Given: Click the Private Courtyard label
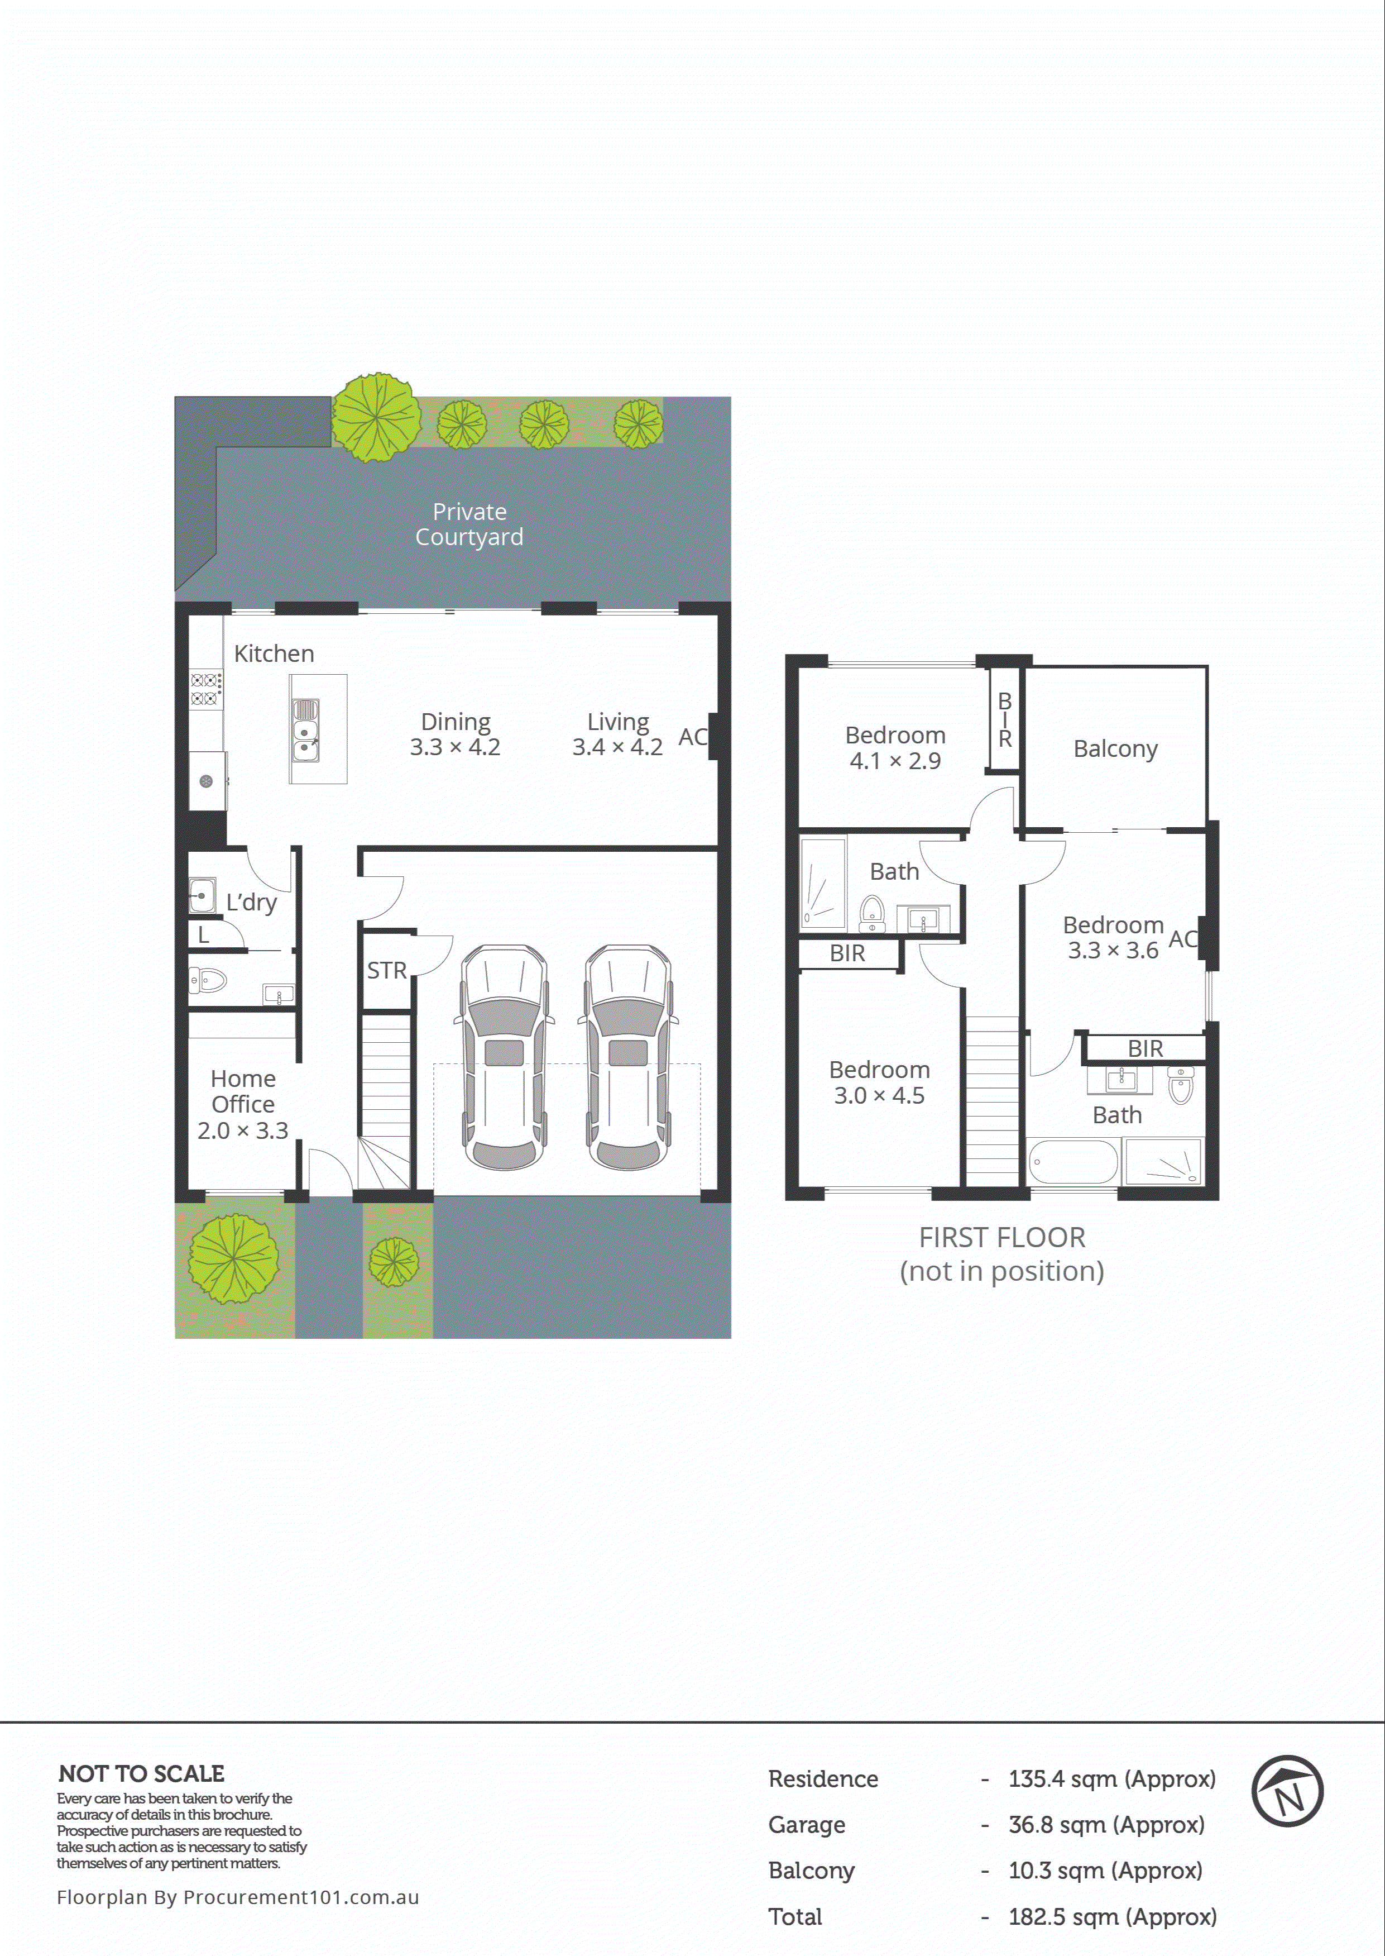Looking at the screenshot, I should click(469, 524).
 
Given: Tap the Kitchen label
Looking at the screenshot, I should click(274, 653).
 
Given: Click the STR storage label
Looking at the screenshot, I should click(386, 971).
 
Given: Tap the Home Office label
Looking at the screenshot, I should click(243, 1091).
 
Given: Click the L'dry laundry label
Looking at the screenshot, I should click(251, 903).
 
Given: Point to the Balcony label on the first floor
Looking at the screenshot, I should click(1115, 749).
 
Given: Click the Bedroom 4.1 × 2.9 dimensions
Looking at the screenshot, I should click(895, 761).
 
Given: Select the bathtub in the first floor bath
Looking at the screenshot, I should click(1072, 1162).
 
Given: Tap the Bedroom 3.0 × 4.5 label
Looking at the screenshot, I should click(879, 1082).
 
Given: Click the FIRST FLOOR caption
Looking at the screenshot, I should click(1001, 1238).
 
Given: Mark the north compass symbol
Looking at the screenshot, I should click(1286, 1791).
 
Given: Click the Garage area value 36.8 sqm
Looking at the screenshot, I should click(1105, 1825).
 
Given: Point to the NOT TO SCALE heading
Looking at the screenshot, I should click(142, 1773).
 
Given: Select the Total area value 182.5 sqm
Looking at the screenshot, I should click(1111, 1917).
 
